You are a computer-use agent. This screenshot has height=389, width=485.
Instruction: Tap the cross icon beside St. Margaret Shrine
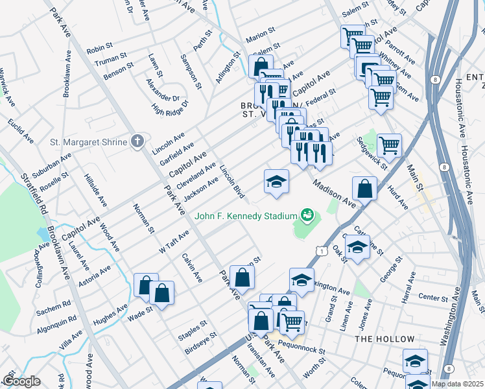tap(137, 141)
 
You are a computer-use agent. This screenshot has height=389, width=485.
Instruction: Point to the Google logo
tap(21, 381)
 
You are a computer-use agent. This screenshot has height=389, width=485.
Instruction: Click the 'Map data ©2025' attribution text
tap(456, 384)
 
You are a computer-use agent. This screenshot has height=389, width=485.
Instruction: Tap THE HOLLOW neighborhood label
tap(384, 339)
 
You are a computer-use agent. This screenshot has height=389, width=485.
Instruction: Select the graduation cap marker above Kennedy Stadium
tap(276, 182)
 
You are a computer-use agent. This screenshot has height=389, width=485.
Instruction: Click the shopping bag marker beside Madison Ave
tap(365, 189)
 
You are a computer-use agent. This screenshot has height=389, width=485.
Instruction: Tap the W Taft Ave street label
tap(174, 241)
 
